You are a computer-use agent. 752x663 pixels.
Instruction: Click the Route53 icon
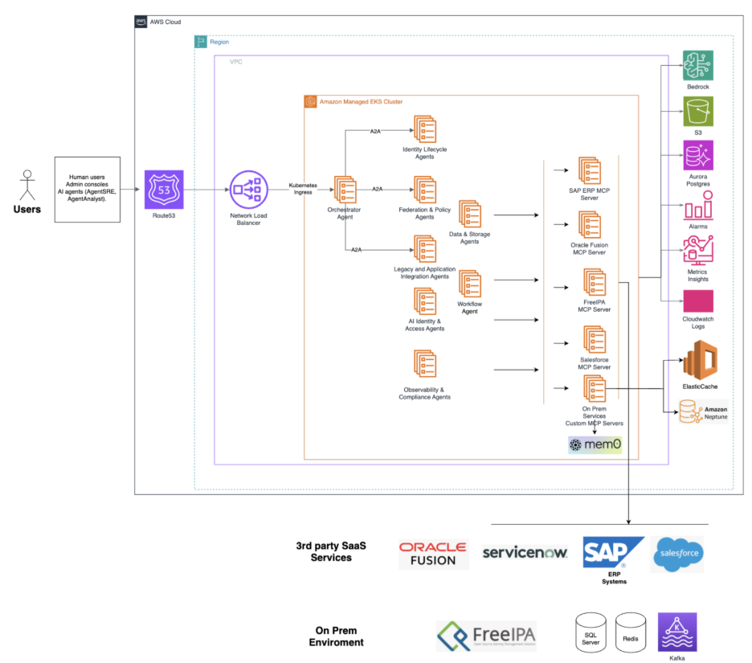(164, 190)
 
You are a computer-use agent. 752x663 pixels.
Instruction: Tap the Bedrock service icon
(698, 65)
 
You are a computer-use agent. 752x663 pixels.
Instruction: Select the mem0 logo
(595, 444)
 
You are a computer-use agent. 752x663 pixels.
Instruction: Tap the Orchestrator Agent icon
(345, 190)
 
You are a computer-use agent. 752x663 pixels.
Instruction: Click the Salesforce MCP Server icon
(594, 340)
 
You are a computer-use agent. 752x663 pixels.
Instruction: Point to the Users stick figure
(27, 183)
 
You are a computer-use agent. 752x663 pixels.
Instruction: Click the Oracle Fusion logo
(433, 554)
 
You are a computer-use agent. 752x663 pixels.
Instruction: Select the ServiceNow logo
(525, 552)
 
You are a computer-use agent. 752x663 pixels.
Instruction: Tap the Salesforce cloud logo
(677, 554)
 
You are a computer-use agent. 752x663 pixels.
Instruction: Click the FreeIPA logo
(486, 636)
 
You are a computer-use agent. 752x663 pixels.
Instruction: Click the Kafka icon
(676, 632)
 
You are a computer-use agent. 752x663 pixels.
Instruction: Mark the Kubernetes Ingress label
(304, 189)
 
